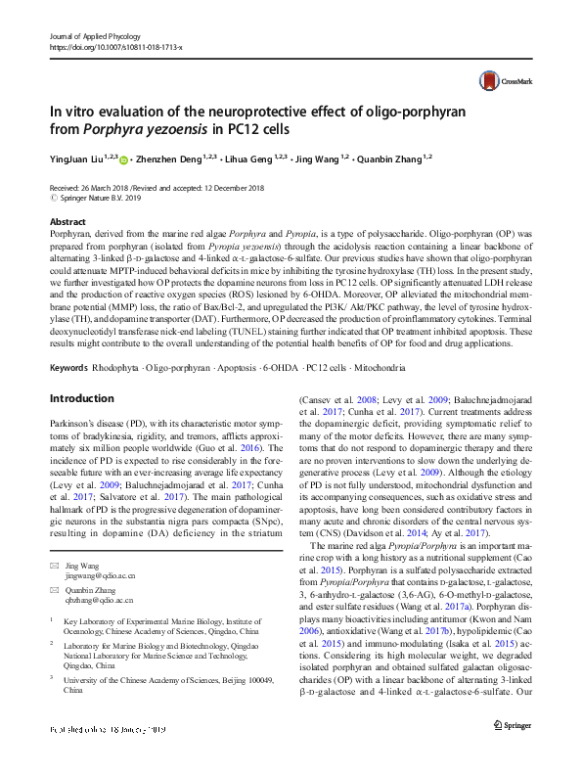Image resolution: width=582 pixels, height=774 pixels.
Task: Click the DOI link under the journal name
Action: click(114, 47)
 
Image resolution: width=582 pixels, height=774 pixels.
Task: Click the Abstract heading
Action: click(67, 223)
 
